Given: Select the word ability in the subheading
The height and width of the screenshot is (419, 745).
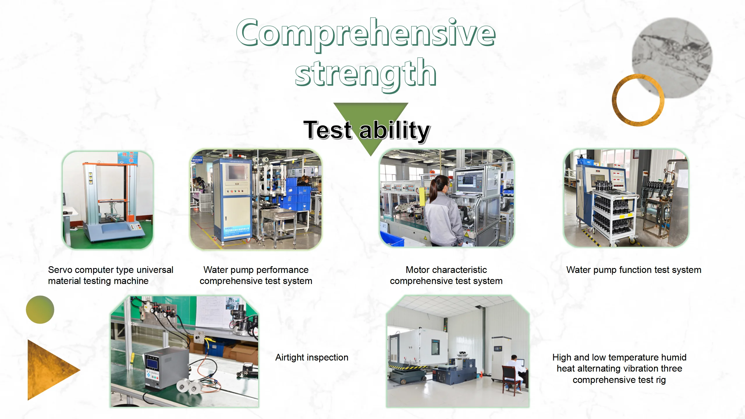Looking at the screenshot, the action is (x=395, y=131).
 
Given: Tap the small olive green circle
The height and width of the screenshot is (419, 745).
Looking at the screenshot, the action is (x=40, y=310).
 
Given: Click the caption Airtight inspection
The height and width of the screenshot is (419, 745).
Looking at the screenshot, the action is (x=312, y=357).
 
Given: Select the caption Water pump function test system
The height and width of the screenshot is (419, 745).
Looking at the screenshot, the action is (x=634, y=270).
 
